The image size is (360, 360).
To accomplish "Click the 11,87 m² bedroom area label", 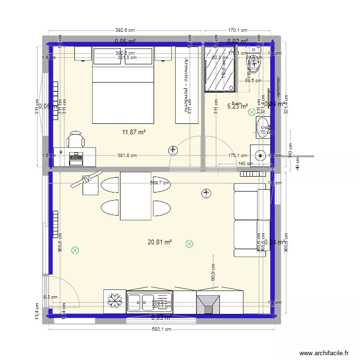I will pyautogui.click(x=135, y=132).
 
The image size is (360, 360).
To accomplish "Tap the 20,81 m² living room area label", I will pyautogui.click(x=160, y=242).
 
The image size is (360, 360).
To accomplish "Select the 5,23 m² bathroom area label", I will pyautogui.click(x=237, y=107).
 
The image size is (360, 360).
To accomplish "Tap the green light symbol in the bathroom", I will pyautogui.click(x=252, y=113).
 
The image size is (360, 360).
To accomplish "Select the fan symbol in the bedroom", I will pyautogui.click(x=172, y=151).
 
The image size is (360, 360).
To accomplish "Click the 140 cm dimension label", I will pyautogui.click(x=245, y=164).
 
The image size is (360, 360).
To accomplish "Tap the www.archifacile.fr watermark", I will pyautogui.click(x=324, y=353).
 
